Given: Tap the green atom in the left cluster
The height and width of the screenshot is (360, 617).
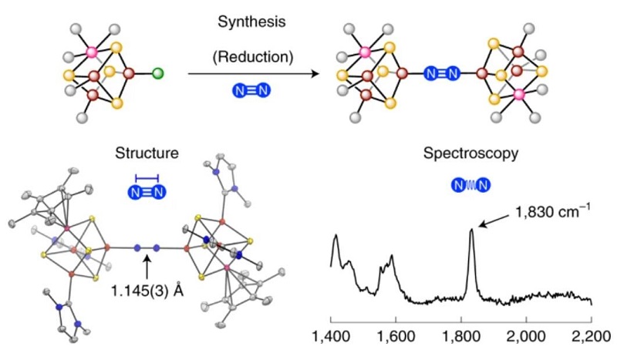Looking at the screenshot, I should click(x=157, y=75).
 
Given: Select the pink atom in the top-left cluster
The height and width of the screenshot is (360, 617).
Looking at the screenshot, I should click(x=92, y=53).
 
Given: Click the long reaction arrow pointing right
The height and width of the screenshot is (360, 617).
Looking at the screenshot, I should click(x=255, y=75).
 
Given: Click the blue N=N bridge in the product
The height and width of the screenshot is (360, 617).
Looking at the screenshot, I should click(x=443, y=74).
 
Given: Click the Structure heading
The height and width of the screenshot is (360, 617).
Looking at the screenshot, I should click(x=147, y=153).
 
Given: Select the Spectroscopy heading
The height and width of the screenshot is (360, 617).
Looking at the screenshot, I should click(x=470, y=153).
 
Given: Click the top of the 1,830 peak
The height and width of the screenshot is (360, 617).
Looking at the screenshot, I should click(x=472, y=230).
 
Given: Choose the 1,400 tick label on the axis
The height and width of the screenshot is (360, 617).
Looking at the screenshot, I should click(x=331, y=337).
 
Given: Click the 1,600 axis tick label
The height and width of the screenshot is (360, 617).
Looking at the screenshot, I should click(x=396, y=337).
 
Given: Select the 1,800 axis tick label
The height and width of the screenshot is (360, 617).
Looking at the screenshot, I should click(x=461, y=337).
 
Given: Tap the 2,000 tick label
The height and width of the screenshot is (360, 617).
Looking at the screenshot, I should click(x=527, y=337).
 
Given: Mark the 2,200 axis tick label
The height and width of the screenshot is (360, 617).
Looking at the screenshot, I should click(x=592, y=337).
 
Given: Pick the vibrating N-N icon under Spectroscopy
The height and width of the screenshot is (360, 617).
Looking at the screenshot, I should click(x=470, y=185).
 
